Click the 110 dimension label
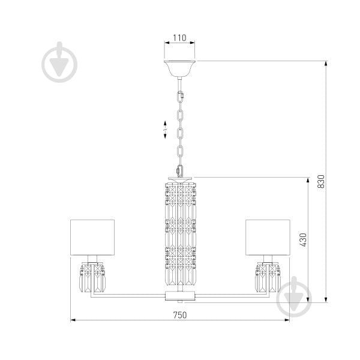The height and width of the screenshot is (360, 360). [x=179, y=38]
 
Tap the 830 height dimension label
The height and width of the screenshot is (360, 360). [x=321, y=181]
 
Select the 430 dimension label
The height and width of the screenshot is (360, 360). [x=303, y=240]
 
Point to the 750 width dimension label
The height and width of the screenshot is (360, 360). [x=180, y=315]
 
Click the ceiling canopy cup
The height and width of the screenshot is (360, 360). [x=179, y=68]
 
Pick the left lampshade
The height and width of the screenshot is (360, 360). [x=92, y=238]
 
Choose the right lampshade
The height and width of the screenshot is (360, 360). [x=268, y=238]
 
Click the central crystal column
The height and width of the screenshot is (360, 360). [x=181, y=234]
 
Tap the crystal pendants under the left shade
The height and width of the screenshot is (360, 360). [x=92, y=278]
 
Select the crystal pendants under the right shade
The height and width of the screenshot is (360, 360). [x=268, y=278]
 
